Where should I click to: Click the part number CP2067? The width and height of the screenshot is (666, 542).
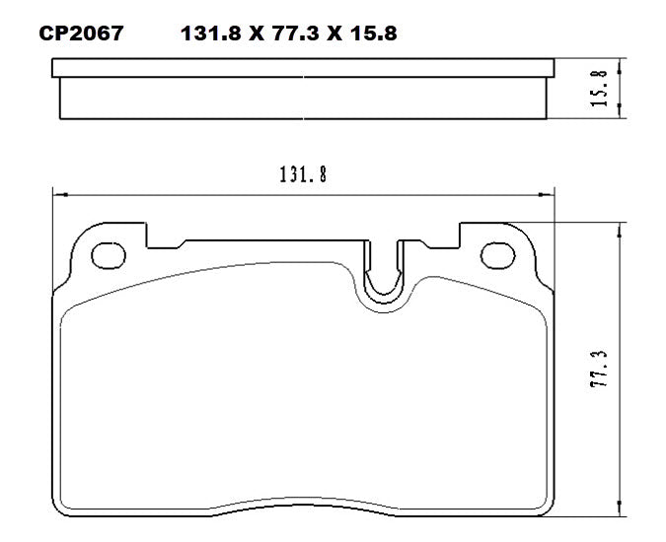point(81,34)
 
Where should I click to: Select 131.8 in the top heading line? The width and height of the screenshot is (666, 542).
point(210,34)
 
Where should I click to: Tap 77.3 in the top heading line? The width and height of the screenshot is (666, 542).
point(297,34)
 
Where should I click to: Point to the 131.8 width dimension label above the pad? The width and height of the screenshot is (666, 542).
point(303,175)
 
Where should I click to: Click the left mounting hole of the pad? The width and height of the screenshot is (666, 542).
point(106,255)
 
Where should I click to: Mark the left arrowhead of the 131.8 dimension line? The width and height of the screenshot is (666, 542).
point(57,193)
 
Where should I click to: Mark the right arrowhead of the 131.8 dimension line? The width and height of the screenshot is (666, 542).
point(550,193)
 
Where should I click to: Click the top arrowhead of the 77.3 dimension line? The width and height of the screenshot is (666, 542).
point(620,228)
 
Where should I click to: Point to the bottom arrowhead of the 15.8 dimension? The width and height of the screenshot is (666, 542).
point(620,113)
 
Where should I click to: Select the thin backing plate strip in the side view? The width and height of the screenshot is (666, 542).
point(303,68)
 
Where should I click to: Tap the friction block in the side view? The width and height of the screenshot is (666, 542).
point(303,97)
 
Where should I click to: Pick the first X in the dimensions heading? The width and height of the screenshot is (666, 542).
point(254,34)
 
